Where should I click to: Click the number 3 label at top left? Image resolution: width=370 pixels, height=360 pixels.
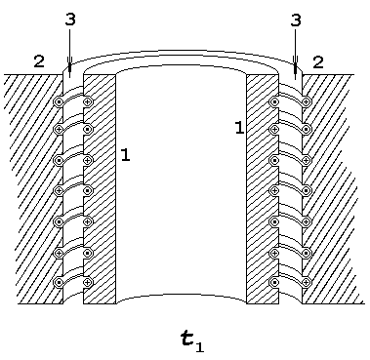[x=70, y=20]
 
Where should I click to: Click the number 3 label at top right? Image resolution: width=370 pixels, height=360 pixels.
[x=296, y=20]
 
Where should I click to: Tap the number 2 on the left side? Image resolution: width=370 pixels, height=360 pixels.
[x=39, y=61]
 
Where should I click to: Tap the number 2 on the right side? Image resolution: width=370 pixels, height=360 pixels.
[x=318, y=62]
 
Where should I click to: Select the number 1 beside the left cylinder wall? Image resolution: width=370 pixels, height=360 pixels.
[x=125, y=155]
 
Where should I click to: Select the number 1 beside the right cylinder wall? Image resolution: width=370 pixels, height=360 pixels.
[x=239, y=128]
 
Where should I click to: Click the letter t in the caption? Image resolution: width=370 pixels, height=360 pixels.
[x=187, y=340]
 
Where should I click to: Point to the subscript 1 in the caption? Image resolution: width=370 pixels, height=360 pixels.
[x=200, y=347]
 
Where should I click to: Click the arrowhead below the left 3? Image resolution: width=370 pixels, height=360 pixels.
[x=69, y=66]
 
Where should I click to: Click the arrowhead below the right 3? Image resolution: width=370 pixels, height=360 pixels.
[x=295, y=67]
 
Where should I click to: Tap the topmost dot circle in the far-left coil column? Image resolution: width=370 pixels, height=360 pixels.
[x=59, y=102]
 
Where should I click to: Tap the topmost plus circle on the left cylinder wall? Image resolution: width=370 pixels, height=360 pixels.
[x=87, y=102]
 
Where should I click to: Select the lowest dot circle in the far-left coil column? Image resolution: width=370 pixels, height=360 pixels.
[x=59, y=282]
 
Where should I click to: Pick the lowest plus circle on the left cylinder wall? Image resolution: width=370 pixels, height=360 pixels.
[x=87, y=282]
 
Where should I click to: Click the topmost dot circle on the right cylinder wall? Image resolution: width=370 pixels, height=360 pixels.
[x=275, y=102]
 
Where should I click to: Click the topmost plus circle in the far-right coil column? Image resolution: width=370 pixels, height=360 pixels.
[x=306, y=102]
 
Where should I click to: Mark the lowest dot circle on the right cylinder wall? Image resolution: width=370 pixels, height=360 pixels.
[x=275, y=282]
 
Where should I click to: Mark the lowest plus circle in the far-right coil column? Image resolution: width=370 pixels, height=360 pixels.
[x=306, y=282]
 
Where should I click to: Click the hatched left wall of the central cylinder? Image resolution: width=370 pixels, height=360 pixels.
[x=100, y=189]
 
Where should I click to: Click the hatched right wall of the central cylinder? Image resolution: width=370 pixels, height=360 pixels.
[x=263, y=189]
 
